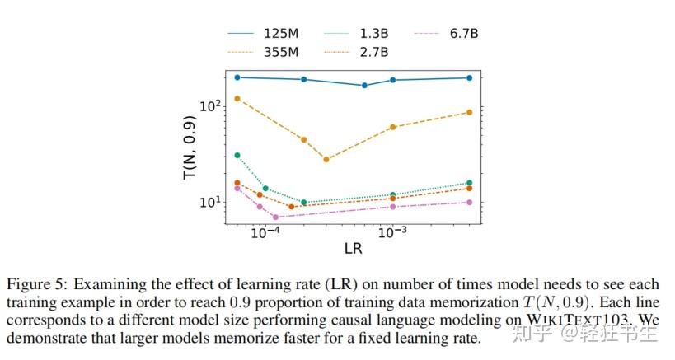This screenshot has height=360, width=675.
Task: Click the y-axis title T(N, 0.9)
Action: click(189, 148)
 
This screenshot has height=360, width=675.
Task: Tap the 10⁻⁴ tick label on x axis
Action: click(265, 233)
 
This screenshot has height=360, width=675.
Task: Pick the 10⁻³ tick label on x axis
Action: click(392, 233)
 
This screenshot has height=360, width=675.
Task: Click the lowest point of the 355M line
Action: click(326, 159)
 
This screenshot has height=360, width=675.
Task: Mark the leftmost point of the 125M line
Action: click(237, 77)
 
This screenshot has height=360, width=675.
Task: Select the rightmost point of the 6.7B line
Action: click(470, 202)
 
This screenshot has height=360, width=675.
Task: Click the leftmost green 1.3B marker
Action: click(237, 155)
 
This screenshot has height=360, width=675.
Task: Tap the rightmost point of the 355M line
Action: click(470, 112)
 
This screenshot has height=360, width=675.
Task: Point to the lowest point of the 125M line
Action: click(365, 86)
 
